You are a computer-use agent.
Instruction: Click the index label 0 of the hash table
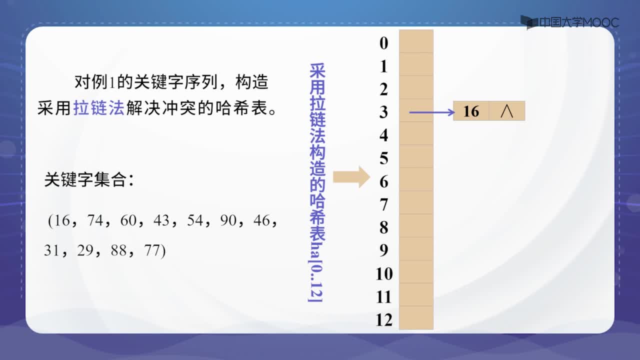click(x=383, y=43)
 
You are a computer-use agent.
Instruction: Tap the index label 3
click(x=383, y=112)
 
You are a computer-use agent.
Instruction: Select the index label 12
click(x=384, y=319)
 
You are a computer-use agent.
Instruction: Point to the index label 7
click(x=383, y=204)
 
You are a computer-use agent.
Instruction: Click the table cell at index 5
click(x=416, y=156)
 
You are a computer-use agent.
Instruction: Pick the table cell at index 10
click(x=416, y=271)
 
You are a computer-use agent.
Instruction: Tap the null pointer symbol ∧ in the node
click(x=507, y=111)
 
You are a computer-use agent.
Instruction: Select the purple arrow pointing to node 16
click(x=432, y=112)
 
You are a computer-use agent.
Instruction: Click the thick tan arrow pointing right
click(x=351, y=177)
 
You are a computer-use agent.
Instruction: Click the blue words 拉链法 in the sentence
click(x=99, y=107)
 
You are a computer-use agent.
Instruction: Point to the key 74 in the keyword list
click(x=95, y=220)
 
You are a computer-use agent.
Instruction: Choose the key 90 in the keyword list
click(x=228, y=220)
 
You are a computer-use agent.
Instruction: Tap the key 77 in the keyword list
click(x=152, y=250)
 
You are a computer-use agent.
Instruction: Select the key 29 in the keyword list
click(x=85, y=250)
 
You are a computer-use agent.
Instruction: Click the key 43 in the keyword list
click(x=161, y=220)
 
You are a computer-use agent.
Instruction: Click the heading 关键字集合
click(x=85, y=180)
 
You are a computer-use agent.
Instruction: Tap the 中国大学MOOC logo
click(x=570, y=22)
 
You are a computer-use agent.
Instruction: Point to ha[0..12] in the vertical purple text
click(x=316, y=272)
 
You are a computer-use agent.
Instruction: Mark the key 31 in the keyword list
click(x=51, y=250)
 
